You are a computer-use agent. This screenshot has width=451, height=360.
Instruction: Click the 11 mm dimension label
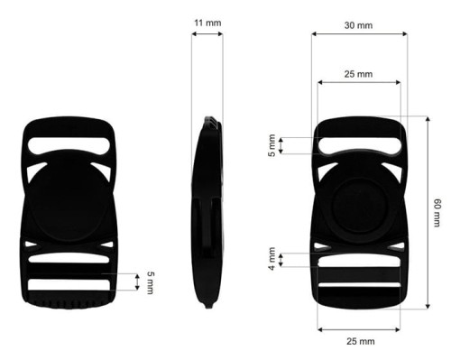(x=207, y=21)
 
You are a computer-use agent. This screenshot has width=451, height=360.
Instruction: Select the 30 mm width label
(x=358, y=24)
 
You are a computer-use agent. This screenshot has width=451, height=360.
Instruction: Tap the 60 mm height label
(x=437, y=212)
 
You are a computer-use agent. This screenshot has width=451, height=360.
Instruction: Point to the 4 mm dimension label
(x=272, y=260)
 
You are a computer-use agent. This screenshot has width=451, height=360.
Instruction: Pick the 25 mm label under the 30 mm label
(x=358, y=73)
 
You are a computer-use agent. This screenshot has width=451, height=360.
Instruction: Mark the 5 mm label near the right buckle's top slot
(x=272, y=145)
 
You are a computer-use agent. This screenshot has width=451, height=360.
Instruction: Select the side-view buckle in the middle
(x=208, y=212)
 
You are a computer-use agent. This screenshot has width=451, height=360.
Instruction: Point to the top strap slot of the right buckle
(x=358, y=142)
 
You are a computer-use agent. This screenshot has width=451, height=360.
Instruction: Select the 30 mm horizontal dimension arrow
(x=358, y=34)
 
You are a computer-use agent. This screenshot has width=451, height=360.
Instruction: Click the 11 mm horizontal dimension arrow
(x=207, y=34)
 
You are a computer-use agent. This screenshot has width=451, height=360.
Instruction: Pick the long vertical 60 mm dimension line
(x=425, y=212)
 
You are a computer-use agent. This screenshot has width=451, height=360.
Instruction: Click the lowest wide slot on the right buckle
(x=358, y=291)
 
